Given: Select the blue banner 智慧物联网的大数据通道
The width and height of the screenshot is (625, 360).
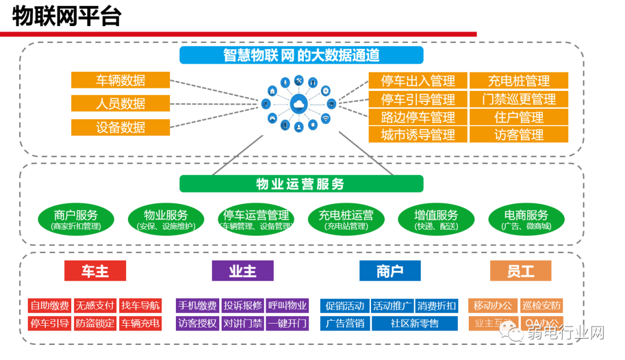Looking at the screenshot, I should click(x=301, y=55).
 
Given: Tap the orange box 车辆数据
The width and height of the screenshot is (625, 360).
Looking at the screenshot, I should click(x=120, y=80).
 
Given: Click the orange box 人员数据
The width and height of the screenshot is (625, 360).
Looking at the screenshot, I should click(x=120, y=104).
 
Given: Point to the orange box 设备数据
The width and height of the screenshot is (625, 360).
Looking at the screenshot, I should click(x=120, y=127).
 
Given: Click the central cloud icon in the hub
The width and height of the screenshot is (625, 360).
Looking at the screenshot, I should click(x=299, y=104).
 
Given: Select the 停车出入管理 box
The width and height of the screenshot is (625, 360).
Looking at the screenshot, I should click(x=418, y=81).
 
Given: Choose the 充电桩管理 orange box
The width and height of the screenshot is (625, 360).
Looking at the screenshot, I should click(x=519, y=81).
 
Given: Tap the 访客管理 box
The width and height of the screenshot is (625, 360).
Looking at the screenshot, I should click(x=519, y=135).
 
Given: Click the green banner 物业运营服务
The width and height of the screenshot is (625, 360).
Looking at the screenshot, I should click(x=301, y=184).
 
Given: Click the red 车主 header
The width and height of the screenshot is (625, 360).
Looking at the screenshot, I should click(x=95, y=271).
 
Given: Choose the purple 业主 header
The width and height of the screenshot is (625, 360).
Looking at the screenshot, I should click(x=242, y=271).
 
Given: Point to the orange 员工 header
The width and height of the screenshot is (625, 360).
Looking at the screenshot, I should click(x=520, y=271).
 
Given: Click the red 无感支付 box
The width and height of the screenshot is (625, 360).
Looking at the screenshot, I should click(x=95, y=306).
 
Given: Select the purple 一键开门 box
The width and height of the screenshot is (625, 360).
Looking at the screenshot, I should click(x=287, y=323).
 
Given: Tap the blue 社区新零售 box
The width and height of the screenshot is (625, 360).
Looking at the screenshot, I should click(x=414, y=323).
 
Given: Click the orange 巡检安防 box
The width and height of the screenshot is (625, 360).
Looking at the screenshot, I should click(x=542, y=306).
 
